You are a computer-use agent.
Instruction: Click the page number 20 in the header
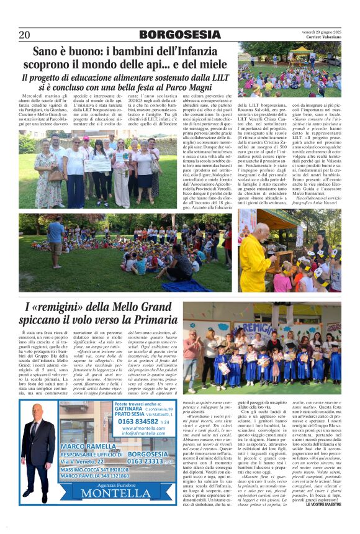[x=24, y=35]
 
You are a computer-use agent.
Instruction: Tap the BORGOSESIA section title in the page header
[x=180, y=35]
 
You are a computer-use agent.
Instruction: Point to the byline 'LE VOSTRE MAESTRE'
[x=323, y=503]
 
